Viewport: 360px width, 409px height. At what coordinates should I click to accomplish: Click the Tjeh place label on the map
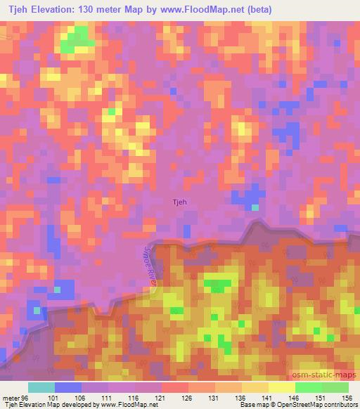180,202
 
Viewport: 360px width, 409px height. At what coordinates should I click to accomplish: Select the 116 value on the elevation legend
135,397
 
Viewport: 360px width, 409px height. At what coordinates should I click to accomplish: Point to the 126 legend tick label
188,397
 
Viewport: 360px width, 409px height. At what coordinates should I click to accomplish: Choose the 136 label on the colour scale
242,397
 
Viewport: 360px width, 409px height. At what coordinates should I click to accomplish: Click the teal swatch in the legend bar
41,387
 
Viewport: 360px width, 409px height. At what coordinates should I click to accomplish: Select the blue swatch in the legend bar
68,387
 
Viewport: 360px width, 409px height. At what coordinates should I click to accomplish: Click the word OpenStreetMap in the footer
285,405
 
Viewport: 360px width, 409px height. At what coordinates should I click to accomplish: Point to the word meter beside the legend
10,397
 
